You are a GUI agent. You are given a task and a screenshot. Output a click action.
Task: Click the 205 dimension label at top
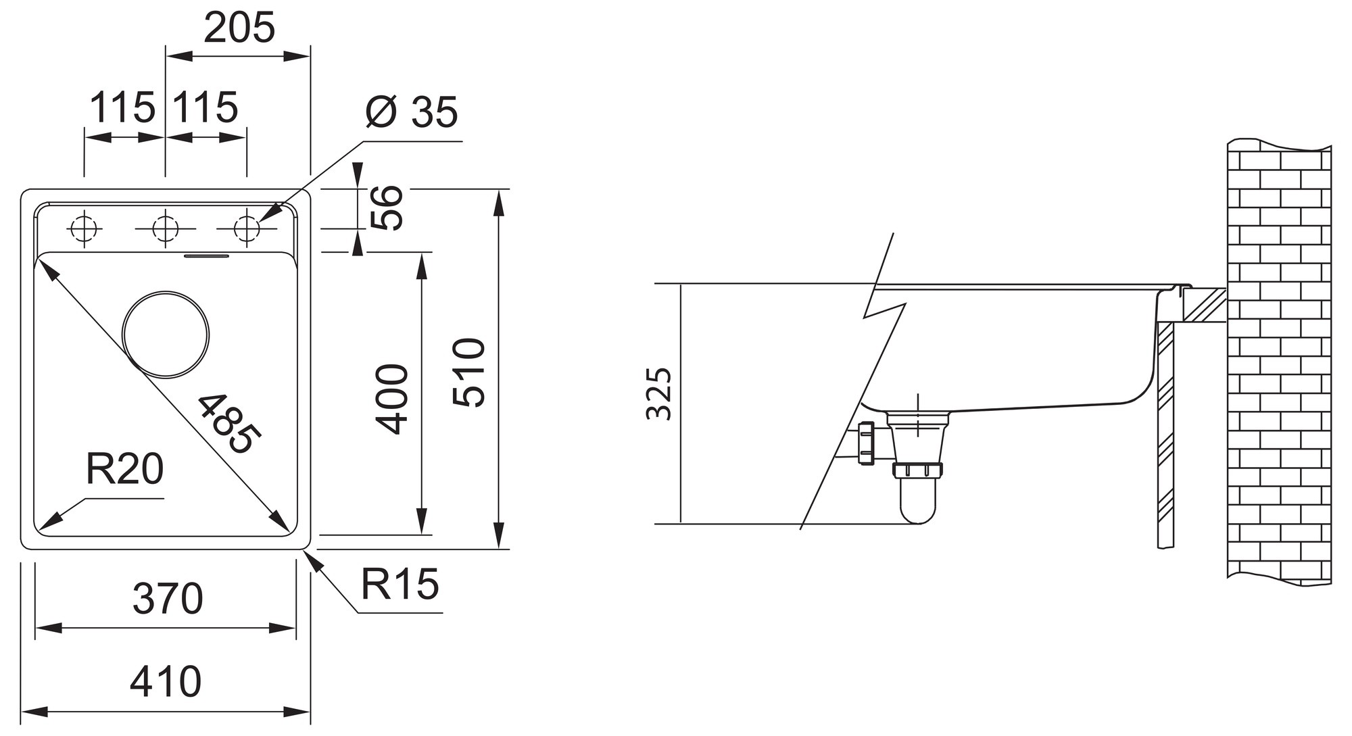click(239, 28)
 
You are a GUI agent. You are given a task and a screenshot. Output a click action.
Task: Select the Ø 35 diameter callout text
click(411, 112)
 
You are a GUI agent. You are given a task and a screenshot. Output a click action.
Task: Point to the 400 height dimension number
click(393, 399)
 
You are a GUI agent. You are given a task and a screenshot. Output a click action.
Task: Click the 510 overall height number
click(469, 372)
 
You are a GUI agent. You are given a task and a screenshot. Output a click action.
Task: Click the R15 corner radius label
click(400, 584)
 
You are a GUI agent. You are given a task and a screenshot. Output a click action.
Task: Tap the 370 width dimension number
click(168, 598)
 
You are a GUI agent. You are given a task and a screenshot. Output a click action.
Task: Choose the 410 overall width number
click(166, 682)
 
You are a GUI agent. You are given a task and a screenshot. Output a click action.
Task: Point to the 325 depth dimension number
click(659, 394)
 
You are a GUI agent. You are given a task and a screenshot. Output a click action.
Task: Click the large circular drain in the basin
click(166, 335)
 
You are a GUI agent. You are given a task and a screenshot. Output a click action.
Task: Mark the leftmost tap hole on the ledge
click(84, 229)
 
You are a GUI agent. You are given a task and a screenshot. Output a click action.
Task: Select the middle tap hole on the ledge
click(166, 229)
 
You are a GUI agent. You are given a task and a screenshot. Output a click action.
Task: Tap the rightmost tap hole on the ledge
click(247, 229)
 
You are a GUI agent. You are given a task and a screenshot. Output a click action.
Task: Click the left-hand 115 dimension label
click(123, 107)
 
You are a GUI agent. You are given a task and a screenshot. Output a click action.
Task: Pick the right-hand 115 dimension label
click(206, 107)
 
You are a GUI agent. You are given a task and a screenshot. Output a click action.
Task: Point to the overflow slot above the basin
click(208, 255)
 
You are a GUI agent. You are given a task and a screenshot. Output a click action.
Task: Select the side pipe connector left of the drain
click(866, 443)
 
